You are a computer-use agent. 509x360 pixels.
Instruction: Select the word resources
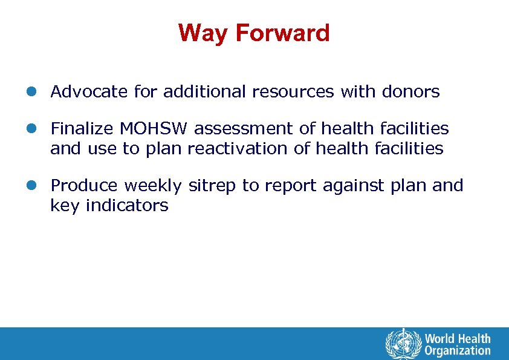click(293, 92)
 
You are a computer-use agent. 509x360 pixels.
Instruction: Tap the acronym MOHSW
click(154, 129)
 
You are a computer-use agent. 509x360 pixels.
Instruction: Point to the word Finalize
click(82, 129)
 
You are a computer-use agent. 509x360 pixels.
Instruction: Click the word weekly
click(154, 186)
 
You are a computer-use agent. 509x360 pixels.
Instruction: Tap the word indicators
click(127, 206)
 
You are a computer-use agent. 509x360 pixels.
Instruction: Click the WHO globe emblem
click(402, 344)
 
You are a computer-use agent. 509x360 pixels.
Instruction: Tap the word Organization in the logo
click(458, 350)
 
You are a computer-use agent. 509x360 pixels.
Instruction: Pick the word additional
click(206, 92)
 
